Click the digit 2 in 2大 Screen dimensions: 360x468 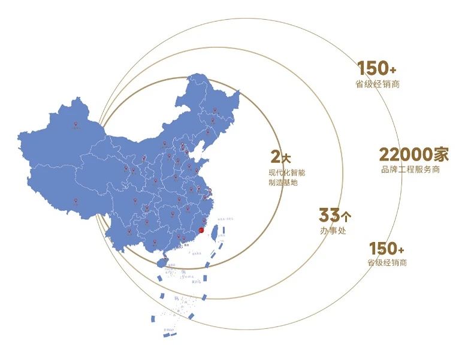(x=275, y=157)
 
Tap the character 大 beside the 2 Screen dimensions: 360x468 (x=286, y=158)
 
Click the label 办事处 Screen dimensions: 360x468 (x=333, y=231)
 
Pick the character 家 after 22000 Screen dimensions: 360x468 (x=441, y=155)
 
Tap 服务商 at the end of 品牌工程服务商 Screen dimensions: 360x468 (x=429, y=170)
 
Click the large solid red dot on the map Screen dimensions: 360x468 (x=201, y=230)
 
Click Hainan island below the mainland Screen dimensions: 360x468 (x=161, y=262)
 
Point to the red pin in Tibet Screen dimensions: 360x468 (x=76, y=201)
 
